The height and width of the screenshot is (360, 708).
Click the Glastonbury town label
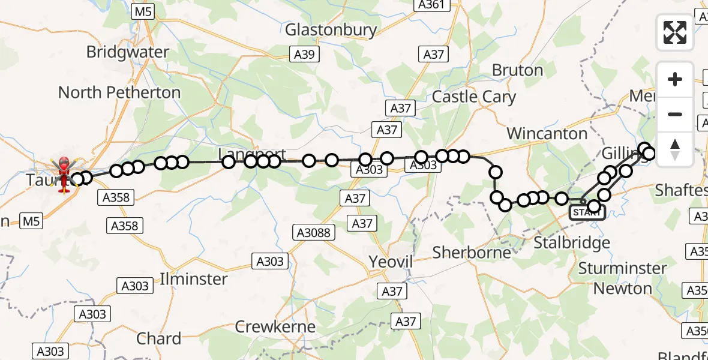(x=331, y=30)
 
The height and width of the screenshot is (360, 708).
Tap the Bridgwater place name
(x=128, y=52)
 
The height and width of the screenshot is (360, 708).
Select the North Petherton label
(x=119, y=92)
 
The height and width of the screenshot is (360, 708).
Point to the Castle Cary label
(x=473, y=97)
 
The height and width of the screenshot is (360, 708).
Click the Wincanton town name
(x=547, y=133)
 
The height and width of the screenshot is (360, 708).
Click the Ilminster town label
(x=194, y=279)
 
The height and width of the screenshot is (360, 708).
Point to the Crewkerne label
(x=275, y=327)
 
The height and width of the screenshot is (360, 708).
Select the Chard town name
(x=158, y=338)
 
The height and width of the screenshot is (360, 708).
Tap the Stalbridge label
(x=572, y=243)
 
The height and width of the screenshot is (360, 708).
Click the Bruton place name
(x=517, y=70)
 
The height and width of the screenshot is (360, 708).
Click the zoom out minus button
(x=675, y=114)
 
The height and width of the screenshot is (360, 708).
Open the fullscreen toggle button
(x=675, y=32)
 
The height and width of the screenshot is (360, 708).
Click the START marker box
(x=586, y=212)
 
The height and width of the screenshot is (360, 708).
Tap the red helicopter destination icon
(x=64, y=170)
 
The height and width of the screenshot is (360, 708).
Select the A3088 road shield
(x=314, y=232)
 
